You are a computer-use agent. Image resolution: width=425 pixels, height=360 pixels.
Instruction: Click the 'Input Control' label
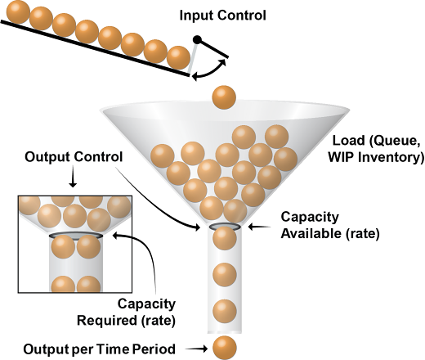[222, 16]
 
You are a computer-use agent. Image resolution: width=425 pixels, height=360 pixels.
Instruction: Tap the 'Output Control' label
[74, 157]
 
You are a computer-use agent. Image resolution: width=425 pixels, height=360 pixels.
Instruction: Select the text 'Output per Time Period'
[99, 349]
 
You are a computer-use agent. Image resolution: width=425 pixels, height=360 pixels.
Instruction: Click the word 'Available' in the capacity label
[310, 233]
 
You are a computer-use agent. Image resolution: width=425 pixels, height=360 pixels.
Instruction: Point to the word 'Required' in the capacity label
[107, 320]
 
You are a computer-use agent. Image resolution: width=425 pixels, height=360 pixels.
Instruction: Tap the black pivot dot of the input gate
[197, 40]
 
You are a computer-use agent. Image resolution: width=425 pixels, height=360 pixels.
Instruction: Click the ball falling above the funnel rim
[224, 97]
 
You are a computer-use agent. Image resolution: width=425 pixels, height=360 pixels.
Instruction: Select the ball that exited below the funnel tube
[225, 348]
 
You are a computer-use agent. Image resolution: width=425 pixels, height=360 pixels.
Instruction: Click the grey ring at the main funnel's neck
[225, 226]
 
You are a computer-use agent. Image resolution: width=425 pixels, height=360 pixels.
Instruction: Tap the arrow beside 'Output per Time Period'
[196, 349]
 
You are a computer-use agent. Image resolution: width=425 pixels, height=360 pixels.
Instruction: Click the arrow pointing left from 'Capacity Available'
[259, 227]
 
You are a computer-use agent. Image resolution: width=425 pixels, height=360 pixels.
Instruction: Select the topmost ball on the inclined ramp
[18, 12]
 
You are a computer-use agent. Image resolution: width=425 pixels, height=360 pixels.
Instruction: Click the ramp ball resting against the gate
[178, 58]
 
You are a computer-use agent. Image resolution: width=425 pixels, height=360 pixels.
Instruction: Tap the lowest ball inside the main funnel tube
[225, 311]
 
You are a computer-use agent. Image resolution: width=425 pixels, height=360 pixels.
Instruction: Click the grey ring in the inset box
[76, 236]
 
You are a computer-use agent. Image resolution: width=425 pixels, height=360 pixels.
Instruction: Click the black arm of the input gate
[212, 48]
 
